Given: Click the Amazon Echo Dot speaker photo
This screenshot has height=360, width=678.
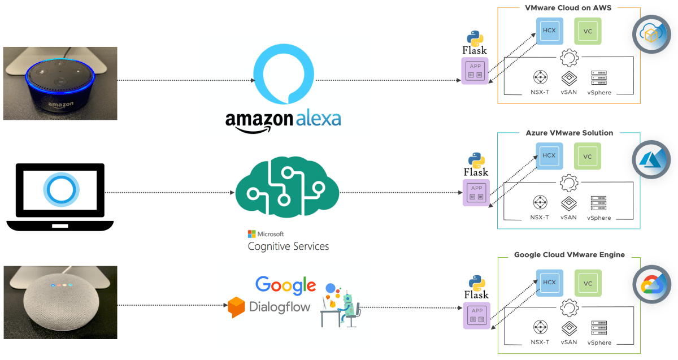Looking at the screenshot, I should click(x=60, y=83).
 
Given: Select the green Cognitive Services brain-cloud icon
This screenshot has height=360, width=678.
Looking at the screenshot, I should click(x=286, y=188).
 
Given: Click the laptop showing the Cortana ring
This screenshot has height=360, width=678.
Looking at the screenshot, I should click(x=60, y=195).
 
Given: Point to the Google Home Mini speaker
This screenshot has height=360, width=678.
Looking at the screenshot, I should click(x=60, y=302).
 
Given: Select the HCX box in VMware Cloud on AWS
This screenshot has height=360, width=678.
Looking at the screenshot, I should click(x=549, y=31).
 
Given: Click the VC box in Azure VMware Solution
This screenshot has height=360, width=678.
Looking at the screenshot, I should click(x=588, y=156).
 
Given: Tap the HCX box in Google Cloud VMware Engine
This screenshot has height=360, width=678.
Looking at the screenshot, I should click(x=549, y=283).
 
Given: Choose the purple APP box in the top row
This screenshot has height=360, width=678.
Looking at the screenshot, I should click(x=475, y=72).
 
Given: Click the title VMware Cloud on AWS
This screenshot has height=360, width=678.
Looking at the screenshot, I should click(x=568, y=8).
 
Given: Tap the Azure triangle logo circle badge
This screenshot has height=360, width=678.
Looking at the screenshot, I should click(x=651, y=159).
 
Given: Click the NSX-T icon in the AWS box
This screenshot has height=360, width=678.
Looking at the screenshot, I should click(x=540, y=77).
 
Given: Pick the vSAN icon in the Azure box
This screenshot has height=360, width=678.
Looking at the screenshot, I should click(x=568, y=203).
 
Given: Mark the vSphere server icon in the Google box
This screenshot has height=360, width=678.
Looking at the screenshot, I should click(x=599, y=328).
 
